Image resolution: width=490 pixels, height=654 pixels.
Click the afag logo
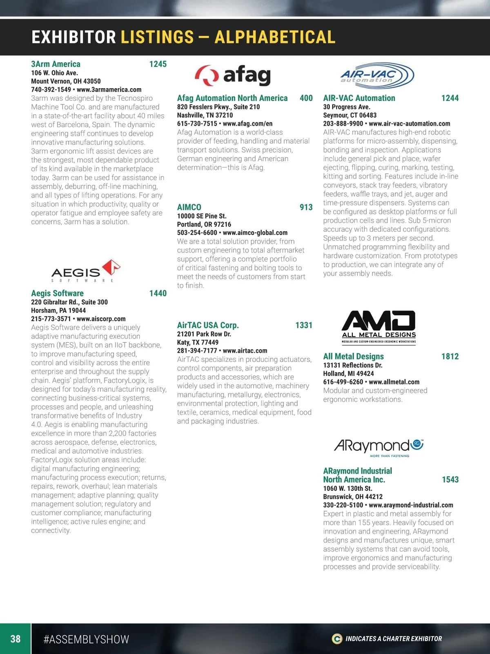coord(233,75)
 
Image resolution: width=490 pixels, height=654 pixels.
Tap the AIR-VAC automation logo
coord(377,75)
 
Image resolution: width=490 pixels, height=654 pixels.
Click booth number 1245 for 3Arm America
coord(158,64)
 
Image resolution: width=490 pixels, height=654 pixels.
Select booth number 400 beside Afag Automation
coord(306,98)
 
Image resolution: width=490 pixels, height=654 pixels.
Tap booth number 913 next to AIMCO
coord(306,207)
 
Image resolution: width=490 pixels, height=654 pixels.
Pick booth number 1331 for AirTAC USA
coord(303,325)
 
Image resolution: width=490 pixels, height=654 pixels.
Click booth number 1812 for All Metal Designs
coord(450,356)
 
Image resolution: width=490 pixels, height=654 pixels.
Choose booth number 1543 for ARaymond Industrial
coord(450,479)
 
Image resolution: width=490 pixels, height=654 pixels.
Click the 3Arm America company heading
coord(56,64)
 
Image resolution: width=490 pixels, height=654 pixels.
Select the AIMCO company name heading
coord(189,207)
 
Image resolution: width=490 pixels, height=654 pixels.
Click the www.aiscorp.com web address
coord(101,319)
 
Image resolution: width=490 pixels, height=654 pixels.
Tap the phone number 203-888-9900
coord(343,124)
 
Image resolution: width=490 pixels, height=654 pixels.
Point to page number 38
coord(16,638)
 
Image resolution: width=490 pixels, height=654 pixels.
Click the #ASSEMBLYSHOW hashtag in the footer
coord(86,639)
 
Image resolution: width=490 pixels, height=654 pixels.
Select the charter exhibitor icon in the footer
coord(337,638)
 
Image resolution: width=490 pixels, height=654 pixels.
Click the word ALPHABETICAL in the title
coord(275,37)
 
